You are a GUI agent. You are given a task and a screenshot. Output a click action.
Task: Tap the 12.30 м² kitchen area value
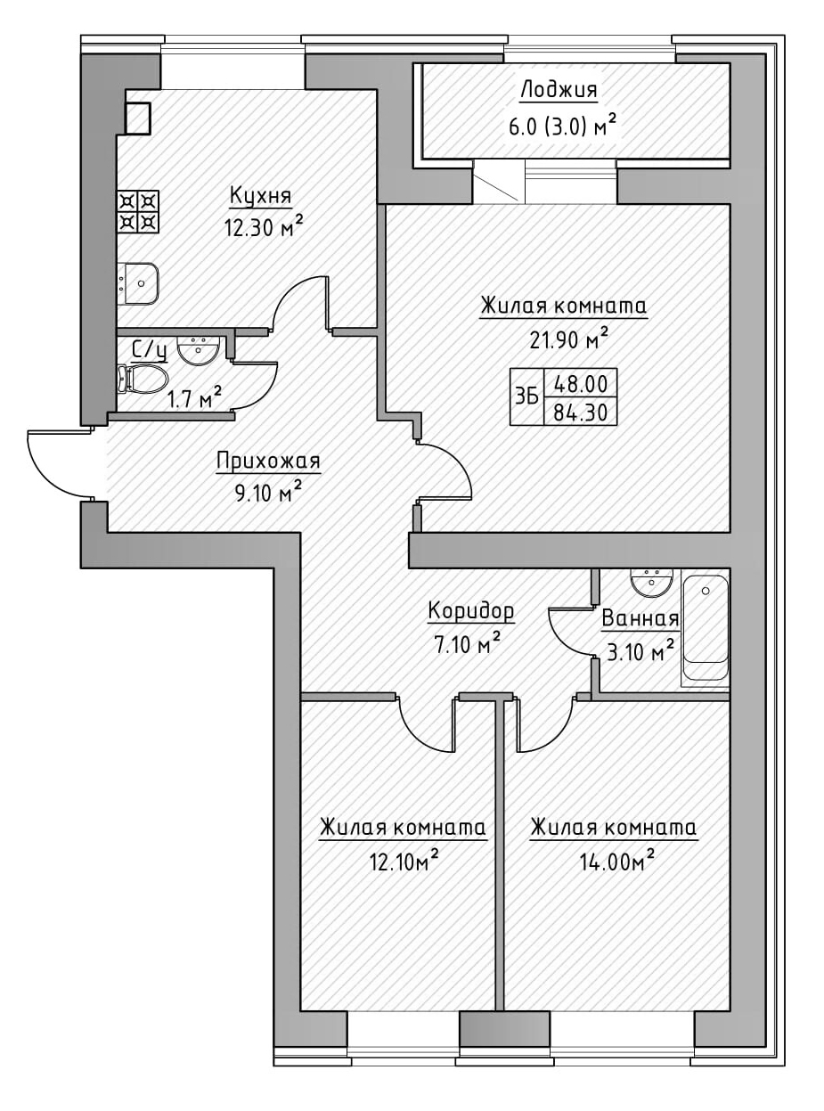coord(264,226)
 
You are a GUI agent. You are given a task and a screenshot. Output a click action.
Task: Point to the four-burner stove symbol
coord(139,210)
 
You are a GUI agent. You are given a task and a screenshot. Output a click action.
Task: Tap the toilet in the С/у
coord(141,380)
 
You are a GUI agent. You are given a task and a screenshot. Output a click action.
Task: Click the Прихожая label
coord(267,461)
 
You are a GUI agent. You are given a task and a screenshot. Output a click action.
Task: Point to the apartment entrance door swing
coord(58,463)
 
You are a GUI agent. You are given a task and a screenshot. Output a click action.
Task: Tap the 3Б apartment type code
coord(526,397)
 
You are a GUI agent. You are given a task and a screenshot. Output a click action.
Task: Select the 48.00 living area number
coord(580,384)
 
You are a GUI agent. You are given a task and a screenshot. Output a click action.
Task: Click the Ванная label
coord(640,619)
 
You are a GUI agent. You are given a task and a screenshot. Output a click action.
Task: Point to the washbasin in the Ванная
coord(651,583)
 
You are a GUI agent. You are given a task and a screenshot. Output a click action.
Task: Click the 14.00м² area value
coord(615,861)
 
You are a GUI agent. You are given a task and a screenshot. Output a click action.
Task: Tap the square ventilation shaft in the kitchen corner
coord(138,118)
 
